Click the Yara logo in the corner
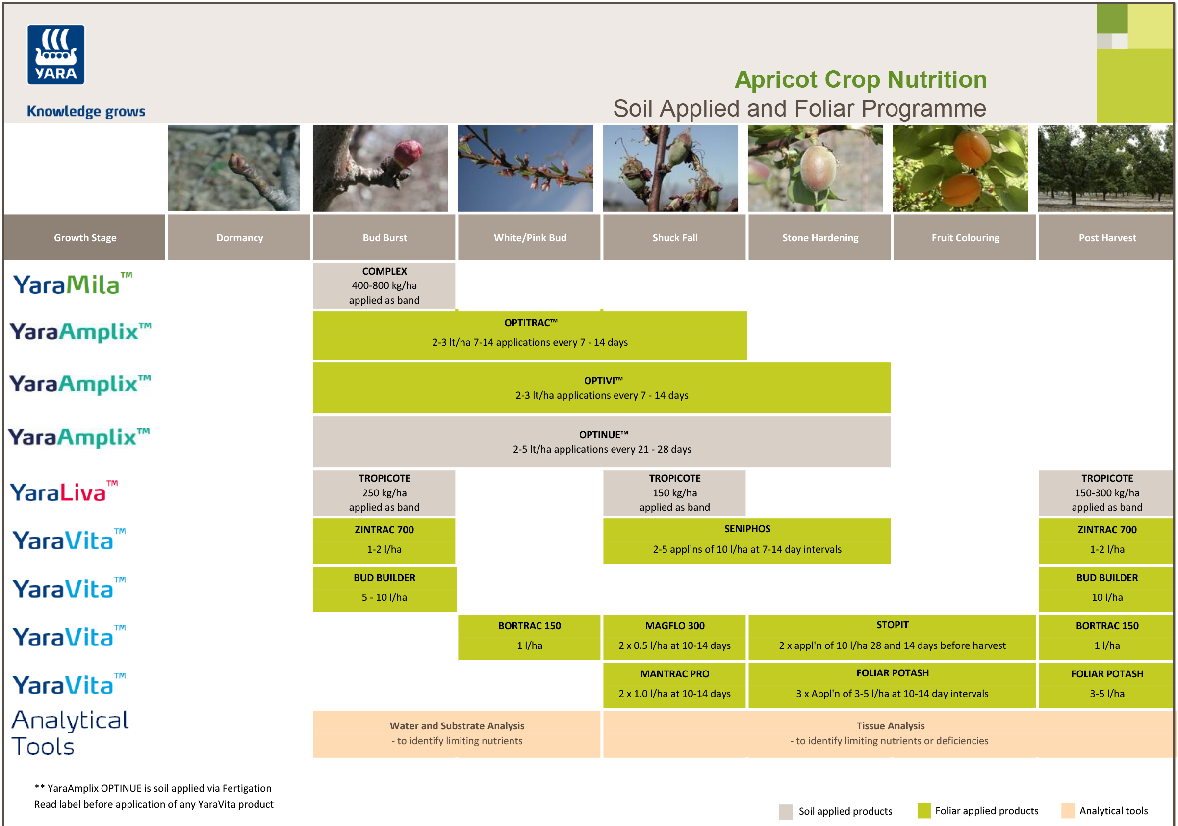[x=55, y=54]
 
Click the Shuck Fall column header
[x=674, y=237]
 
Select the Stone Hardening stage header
[x=819, y=237]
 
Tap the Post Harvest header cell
[x=1106, y=237]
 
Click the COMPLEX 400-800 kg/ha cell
[x=384, y=286]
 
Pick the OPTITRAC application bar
[x=530, y=335]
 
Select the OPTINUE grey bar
[x=601, y=442]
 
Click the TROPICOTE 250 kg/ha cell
[x=384, y=492]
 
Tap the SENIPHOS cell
[x=746, y=541]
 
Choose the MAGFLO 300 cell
[x=674, y=637]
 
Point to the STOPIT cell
[x=892, y=637]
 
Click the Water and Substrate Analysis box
[x=456, y=734]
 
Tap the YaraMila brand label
[x=72, y=285]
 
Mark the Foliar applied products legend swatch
[x=923, y=811]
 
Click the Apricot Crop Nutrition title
[x=860, y=79]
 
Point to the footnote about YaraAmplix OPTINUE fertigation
[x=153, y=788]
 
